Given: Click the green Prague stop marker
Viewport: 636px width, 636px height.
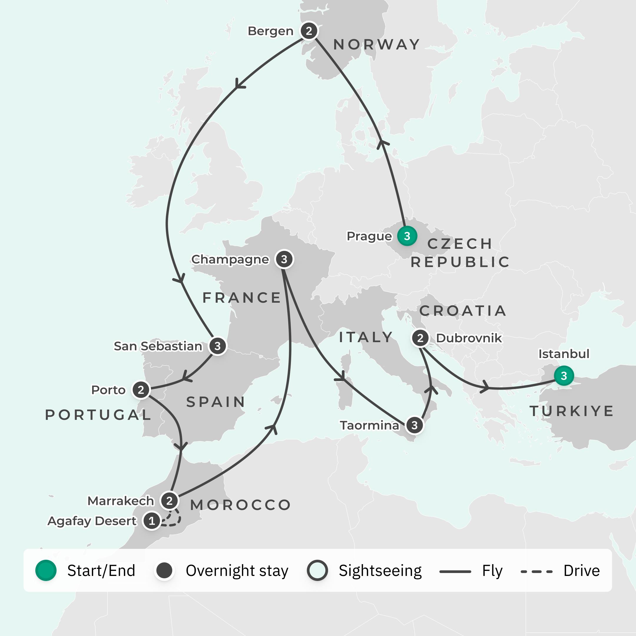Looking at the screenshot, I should [x=407, y=236].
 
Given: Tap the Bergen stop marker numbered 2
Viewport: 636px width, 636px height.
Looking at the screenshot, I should [x=309, y=31].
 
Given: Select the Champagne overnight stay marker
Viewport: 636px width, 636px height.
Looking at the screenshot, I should [x=284, y=259].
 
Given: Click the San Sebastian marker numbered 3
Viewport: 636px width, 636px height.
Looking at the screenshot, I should [x=217, y=346].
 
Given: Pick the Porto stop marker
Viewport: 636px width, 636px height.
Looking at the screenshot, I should [x=141, y=390].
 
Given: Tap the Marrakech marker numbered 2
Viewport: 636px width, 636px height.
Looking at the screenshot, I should [x=169, y=501].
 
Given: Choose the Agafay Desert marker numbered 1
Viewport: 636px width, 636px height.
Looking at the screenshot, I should [x=152, y=521].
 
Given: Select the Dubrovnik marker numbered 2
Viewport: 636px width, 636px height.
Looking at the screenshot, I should [x=420, y=338].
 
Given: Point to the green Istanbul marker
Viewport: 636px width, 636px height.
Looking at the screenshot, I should [x=564, y=376].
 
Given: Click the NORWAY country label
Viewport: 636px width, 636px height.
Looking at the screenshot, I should [x=377, y=44].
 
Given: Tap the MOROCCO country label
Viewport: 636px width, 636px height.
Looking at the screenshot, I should [x=241, y=505].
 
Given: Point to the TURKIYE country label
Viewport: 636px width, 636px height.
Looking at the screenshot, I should [x=572, y=411].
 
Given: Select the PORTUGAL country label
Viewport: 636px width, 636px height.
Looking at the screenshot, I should [x=98, y=415].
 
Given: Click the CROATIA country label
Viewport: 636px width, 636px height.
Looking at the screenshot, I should [x=463, y=311].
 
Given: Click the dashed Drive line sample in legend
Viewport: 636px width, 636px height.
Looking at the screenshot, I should [x=536, y=572].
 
